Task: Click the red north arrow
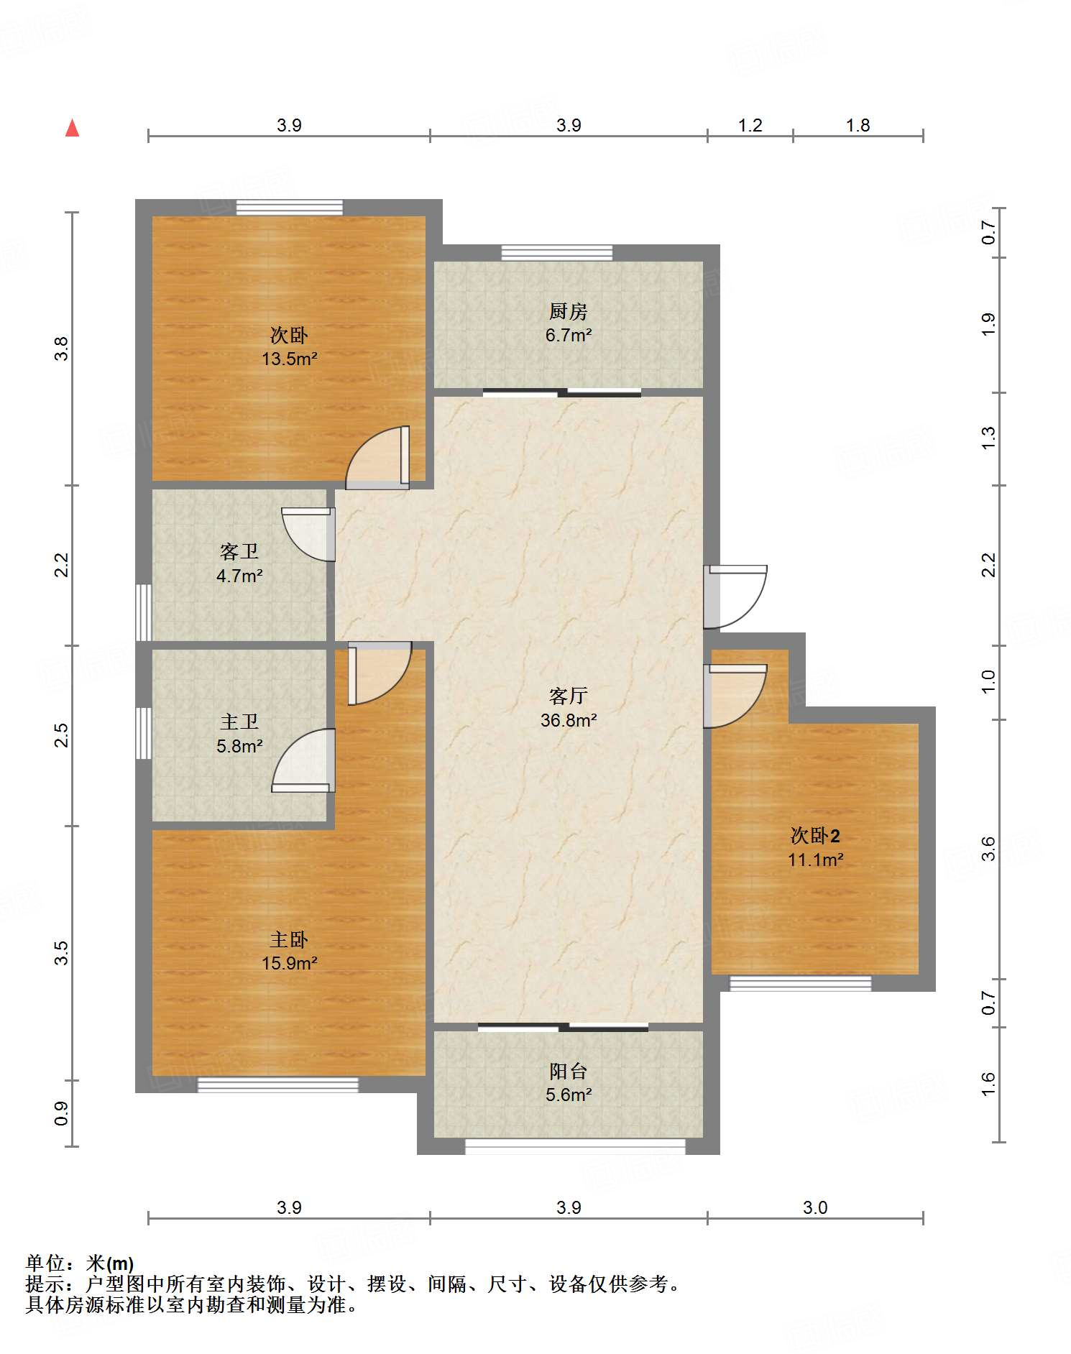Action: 72,128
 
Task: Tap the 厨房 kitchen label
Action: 568,311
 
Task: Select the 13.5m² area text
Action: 289,359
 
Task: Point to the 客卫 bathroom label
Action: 239,551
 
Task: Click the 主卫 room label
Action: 239,722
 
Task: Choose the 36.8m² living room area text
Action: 569,720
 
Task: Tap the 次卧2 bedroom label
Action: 815,835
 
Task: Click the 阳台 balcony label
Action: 568,1071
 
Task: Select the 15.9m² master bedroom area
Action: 289,963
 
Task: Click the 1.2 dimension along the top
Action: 750,125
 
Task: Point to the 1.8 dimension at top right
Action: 858,125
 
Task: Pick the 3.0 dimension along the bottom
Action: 815,1207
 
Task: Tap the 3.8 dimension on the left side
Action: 62,349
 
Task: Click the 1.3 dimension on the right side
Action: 988,438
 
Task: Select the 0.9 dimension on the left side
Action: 62,1113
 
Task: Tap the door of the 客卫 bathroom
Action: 308,534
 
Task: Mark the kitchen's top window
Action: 557,252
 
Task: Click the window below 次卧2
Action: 800,984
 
